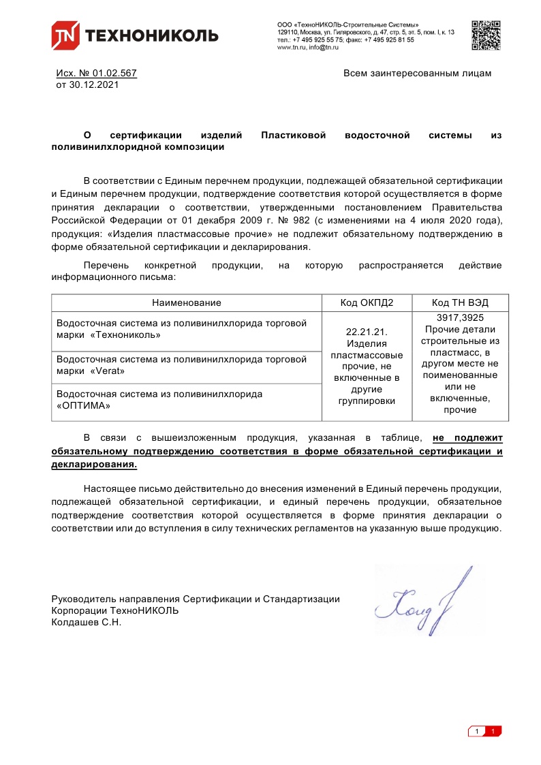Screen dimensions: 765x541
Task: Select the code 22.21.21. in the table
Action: coord(367,332)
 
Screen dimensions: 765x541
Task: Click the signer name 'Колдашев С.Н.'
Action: coord(86,622)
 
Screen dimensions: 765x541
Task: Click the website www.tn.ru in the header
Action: coord(291,47)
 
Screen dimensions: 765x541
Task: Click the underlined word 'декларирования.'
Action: coord(94,464)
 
